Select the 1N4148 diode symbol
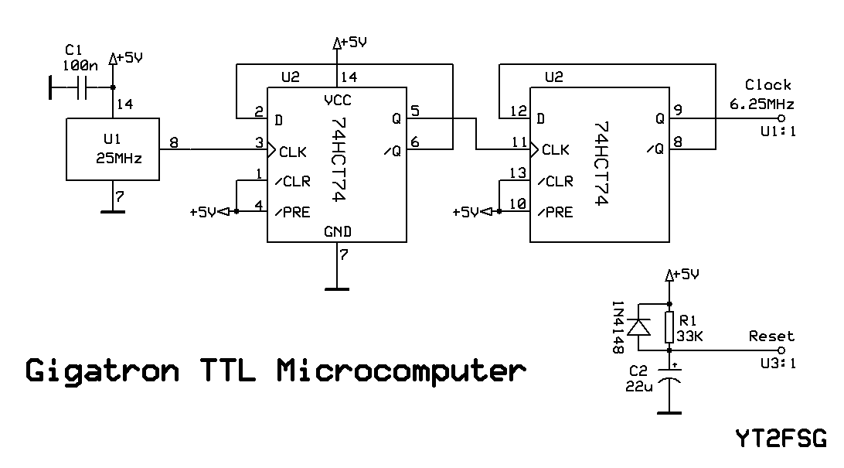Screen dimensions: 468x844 point(638,328)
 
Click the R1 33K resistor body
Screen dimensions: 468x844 point(669,327)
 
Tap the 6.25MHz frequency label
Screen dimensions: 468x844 point(761,103)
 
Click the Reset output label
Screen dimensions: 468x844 point(771,336)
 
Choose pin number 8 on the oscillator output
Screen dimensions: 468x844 point(173,142)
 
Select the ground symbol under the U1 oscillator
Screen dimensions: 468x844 point(112,209)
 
